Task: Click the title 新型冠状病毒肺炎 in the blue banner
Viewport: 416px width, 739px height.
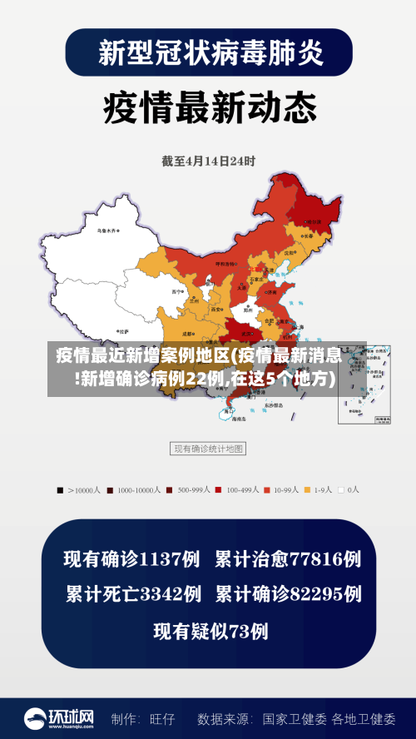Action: [208, 52]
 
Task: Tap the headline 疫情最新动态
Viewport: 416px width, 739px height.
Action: [209, 107]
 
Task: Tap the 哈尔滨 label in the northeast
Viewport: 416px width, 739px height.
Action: [314, 222]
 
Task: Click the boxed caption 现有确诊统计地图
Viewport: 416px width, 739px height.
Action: [208, 449]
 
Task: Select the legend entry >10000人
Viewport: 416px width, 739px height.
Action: [82, 490]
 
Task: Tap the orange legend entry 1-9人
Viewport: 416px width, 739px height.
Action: [318, 490]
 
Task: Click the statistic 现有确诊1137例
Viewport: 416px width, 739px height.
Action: [131, 559]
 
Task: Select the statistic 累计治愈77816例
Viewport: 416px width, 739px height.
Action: [288, 559]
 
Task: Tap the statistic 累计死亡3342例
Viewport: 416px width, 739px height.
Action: [133, 594]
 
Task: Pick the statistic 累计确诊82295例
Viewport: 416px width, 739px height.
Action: [288, 594]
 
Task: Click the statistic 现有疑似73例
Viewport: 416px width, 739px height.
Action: [210, 632]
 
